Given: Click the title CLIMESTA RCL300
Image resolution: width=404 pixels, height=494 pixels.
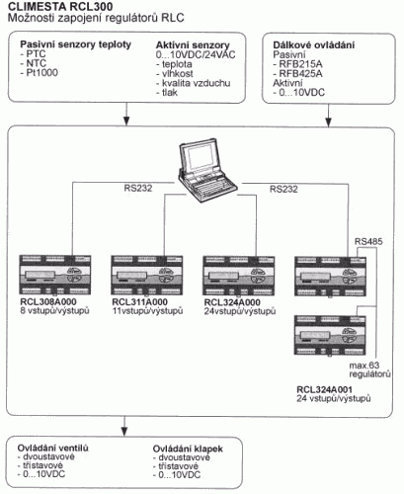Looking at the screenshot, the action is coord(60,6).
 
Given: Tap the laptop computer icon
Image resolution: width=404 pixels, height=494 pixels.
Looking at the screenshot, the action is coord(207,170).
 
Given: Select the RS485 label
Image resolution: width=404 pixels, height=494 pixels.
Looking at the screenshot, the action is coord(368,242).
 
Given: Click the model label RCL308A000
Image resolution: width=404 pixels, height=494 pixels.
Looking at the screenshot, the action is coord(48,301).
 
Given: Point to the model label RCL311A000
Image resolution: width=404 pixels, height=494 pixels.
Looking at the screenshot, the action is coord(139,301).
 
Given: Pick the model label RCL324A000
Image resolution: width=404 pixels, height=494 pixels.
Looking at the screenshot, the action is coord(232,302).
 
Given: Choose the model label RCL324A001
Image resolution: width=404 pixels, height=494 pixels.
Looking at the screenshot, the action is coord(324,389).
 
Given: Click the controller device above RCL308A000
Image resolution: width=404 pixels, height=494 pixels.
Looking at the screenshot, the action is coord(55,275).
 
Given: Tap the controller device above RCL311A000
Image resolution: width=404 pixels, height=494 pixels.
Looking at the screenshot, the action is coord(147,275).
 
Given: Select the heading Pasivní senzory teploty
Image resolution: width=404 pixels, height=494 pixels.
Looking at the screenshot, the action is coord(76,44).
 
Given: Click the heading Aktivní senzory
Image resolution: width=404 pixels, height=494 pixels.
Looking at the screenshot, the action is coord(193,45).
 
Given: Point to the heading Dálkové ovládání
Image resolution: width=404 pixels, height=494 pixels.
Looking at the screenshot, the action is coord(314,45).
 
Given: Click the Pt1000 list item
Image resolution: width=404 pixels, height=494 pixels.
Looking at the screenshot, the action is coord(40,73).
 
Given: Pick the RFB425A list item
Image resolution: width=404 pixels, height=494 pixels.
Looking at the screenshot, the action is coord(298,73).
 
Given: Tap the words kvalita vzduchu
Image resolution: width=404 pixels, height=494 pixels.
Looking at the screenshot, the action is coord(196,83).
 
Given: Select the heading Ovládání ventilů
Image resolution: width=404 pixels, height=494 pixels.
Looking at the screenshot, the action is coord(53,448).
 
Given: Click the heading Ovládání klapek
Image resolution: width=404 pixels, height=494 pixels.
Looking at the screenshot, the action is coord(188,449).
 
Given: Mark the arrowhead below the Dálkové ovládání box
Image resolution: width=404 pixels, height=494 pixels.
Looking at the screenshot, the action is coord(328,122).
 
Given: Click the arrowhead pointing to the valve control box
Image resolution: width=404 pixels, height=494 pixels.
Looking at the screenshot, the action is coord(124,431).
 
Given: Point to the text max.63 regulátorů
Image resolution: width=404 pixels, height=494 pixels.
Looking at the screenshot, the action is coord(369,370).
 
